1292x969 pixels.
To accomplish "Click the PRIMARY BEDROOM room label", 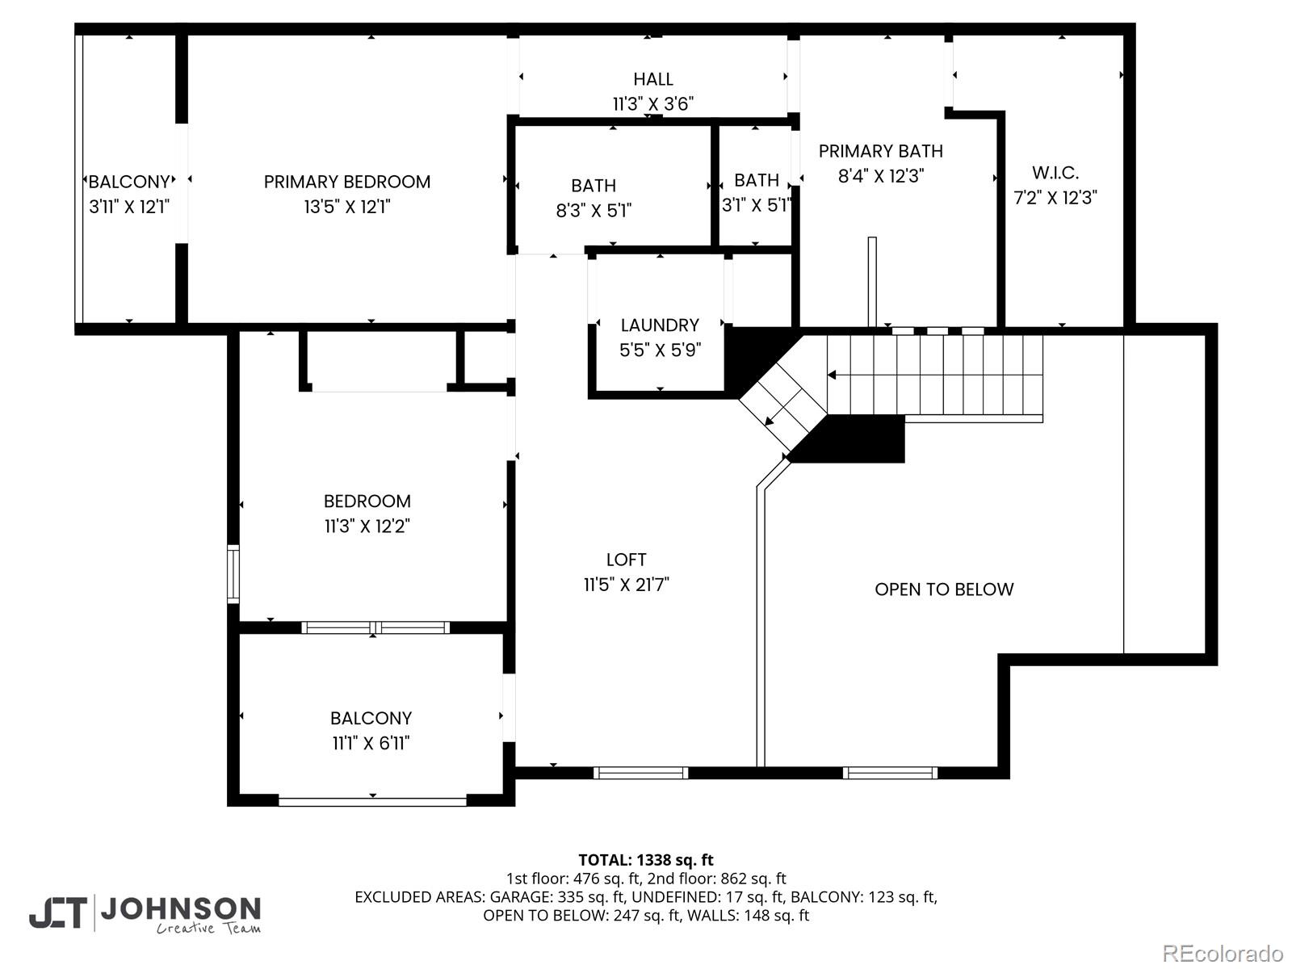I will click(x=347, y=182).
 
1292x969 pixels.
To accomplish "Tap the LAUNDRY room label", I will click(x=660, y=325).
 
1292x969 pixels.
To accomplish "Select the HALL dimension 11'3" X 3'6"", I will click(x=652, y=104).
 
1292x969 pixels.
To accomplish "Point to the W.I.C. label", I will click(x=1055, y=173).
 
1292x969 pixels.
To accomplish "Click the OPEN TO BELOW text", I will click(x=944, y=589).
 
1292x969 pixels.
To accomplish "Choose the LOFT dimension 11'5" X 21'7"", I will click(x=627, y=585).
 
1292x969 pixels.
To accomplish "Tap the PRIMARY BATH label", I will click(x=880, y=151).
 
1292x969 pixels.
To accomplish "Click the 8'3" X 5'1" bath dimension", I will click(x=594, y=211).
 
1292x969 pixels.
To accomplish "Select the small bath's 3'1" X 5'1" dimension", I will click(x=757, y=205).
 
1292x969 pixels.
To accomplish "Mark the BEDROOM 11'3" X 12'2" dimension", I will click(x=367, y=526).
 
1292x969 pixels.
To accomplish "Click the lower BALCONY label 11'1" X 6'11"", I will click(x=371, y=718).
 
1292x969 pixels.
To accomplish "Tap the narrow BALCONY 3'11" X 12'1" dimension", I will click(x=129, y=207).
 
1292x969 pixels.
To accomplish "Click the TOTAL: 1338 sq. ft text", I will click(x=646, y=860).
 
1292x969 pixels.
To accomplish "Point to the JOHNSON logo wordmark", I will click(x=180, y=909).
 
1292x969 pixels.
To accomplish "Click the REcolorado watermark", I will click(x=1223, y=953).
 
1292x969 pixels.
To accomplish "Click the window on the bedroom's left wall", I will click(x=233, y=573).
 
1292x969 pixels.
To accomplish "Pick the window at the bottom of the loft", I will click(x=641, y=773).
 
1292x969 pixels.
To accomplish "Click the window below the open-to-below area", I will click(x=890, y=773).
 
